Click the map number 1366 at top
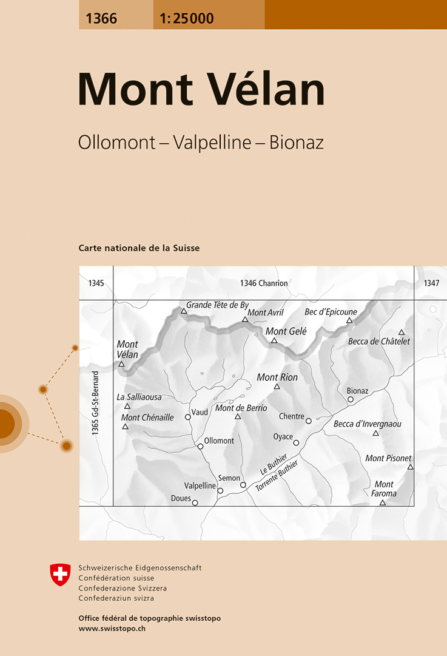point(101,18)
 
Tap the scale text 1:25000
point(187,18)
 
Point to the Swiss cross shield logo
point(60,574)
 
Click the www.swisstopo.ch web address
point(112,629)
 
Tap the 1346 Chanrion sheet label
point(263,283)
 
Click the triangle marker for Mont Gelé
point(274,340)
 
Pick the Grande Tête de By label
point(217,305)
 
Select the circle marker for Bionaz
point(351,399)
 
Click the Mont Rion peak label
point(277,377)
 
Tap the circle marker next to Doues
point(195,502)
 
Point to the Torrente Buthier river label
point(277,476)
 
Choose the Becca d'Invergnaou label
point(367,424)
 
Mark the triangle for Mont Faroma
point(383,502)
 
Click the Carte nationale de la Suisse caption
point(139,248)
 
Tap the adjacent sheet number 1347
point(431,283)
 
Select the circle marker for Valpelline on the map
point(220,490)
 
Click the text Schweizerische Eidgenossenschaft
point(139,568)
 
